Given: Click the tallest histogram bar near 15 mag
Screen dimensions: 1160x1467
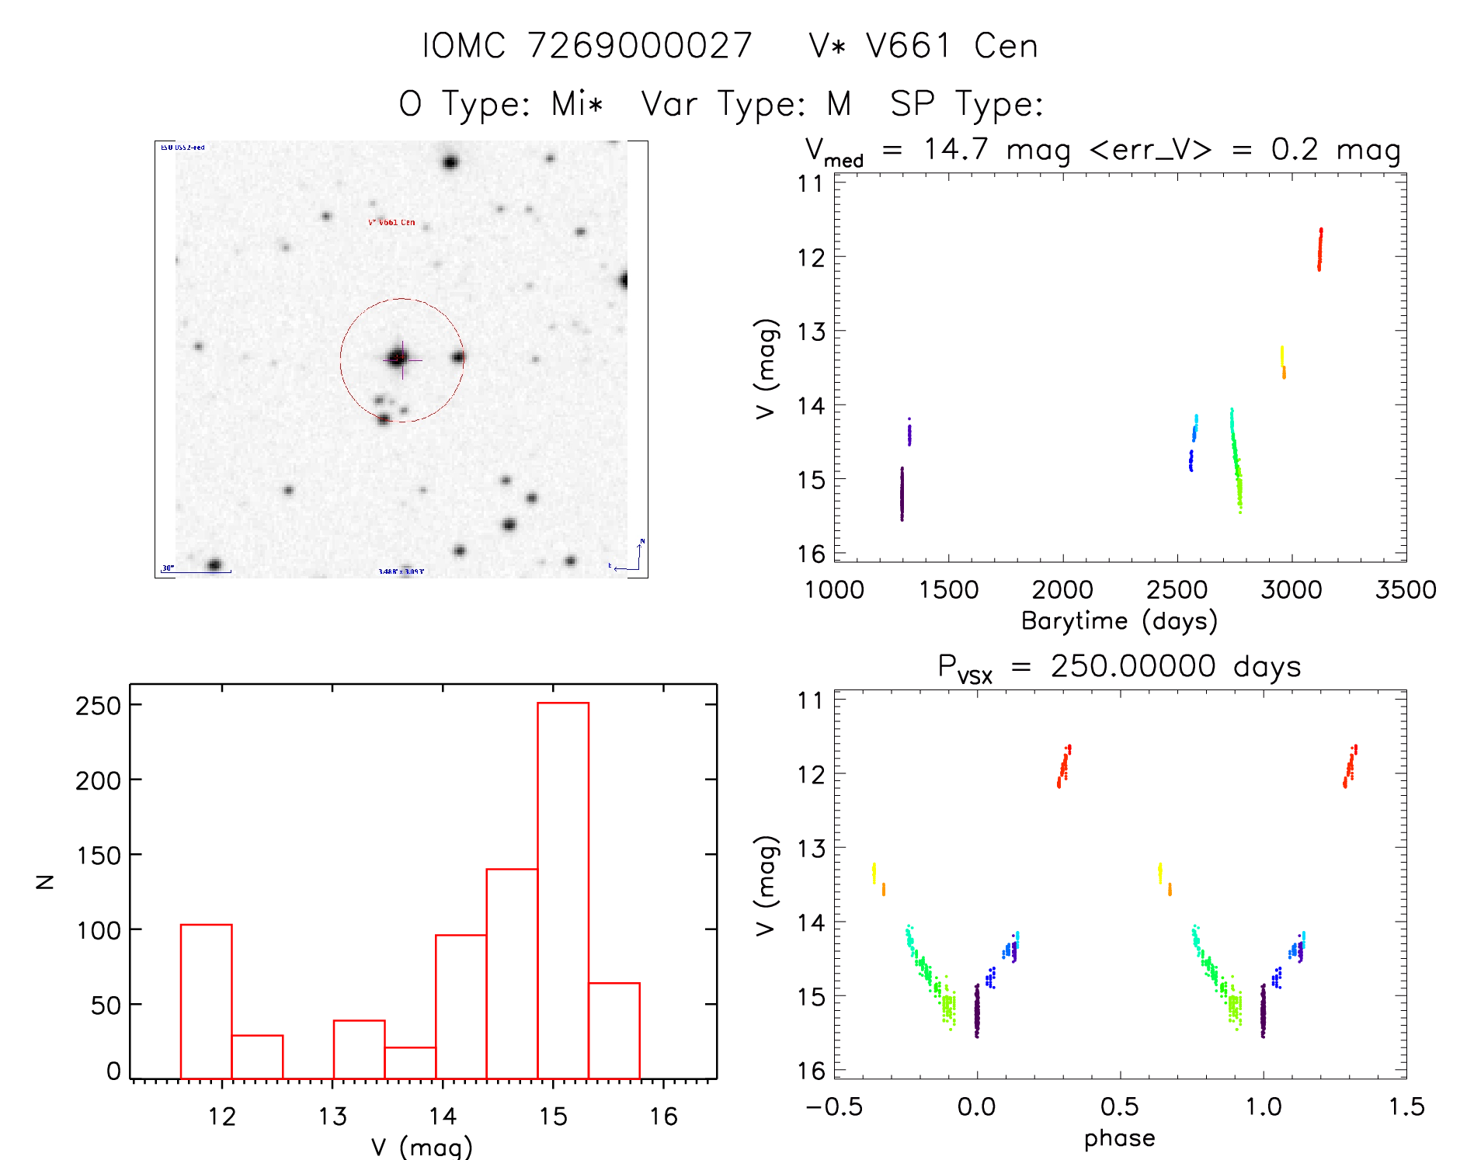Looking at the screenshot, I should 563,890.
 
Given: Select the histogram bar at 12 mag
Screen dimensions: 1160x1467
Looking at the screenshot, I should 206,1001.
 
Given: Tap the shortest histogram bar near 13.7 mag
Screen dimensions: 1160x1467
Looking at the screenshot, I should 410,1063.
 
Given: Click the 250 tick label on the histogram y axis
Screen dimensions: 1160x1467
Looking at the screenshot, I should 98,706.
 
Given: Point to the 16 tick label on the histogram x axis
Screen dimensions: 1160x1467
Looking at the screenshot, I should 663,1117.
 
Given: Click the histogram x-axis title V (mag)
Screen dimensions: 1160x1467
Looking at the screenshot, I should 422,1147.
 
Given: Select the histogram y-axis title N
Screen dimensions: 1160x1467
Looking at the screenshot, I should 45,881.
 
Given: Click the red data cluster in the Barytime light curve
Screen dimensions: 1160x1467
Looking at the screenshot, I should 1319,249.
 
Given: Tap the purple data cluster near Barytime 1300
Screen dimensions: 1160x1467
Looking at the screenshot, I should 902,494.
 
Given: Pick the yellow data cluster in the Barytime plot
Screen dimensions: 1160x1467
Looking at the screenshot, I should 1282,356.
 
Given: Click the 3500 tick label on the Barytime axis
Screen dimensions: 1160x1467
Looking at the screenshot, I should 1405,589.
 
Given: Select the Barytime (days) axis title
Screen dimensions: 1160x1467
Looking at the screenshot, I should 1119,620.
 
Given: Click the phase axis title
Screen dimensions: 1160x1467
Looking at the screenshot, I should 1119,1138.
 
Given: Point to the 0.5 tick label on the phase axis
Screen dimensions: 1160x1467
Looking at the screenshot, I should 1119,1106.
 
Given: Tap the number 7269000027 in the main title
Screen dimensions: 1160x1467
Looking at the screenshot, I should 640,46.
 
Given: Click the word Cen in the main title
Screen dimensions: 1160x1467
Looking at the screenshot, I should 1006,46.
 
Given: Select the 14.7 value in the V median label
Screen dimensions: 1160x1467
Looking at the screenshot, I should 955,149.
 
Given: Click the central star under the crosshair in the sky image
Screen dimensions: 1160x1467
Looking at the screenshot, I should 399,358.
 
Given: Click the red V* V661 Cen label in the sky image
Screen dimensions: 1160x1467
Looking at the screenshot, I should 391,222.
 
